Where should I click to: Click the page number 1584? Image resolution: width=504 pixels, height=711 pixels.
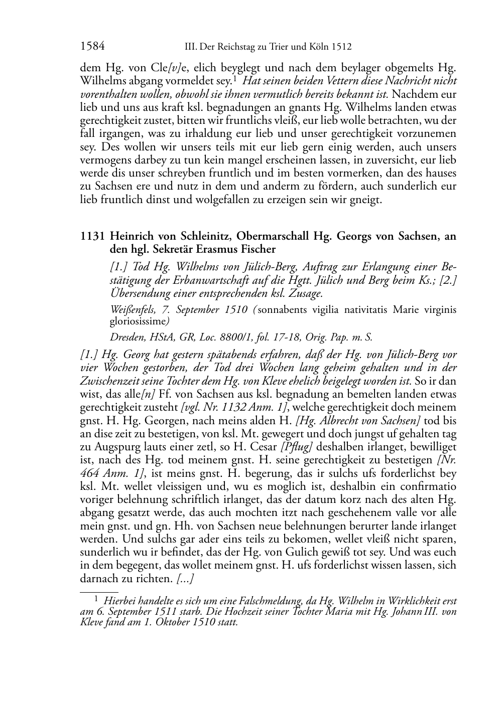[x=92, y=47]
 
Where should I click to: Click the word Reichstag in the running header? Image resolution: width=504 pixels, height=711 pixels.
[x=232, y=47]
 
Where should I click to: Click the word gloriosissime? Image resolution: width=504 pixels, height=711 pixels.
[x=138, y=321]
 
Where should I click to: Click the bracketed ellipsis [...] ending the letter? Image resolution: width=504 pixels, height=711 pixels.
[x=185, y=579]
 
